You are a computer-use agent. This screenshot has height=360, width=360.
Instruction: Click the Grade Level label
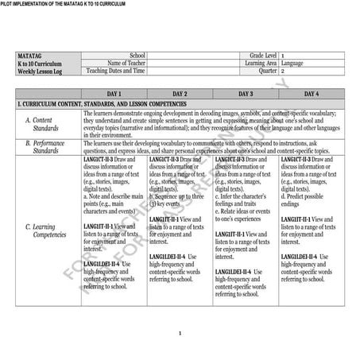coord(260,54)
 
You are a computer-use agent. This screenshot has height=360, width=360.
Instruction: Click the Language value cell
coord(292,62)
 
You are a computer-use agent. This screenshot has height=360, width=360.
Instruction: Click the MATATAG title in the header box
coord(29,54)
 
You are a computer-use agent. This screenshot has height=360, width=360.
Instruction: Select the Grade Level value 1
coord(283,54)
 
